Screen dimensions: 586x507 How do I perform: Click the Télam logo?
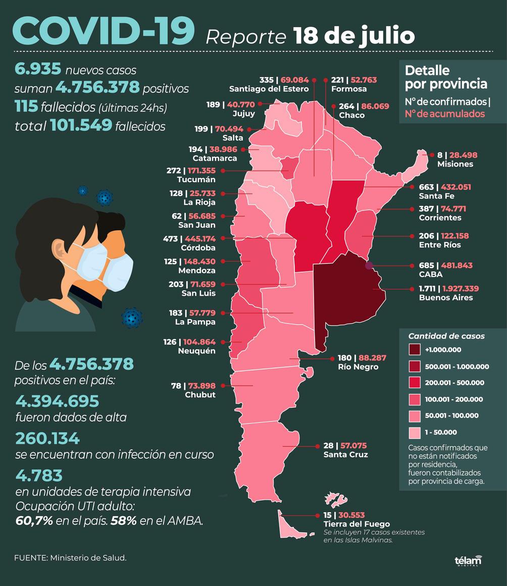coord(468,561)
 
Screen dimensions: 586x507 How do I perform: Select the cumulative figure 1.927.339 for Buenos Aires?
coord(461,289)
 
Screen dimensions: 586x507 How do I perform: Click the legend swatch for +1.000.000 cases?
coord(415,349)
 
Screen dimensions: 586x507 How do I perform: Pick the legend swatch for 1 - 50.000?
coord(415,432)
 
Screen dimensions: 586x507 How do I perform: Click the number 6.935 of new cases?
coord(38,70)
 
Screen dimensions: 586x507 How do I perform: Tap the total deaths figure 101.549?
coord(81,126)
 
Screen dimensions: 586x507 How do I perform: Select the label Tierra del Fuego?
coord(357,524)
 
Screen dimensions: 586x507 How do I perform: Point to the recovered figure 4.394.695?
coord(57,401)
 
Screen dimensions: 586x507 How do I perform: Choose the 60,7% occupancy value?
coord(34,521)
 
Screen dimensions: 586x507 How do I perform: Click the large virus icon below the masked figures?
coord(132,317)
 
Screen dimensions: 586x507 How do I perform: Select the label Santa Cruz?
coord(345,455)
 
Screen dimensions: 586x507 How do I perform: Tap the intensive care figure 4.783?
coord(39,475)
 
